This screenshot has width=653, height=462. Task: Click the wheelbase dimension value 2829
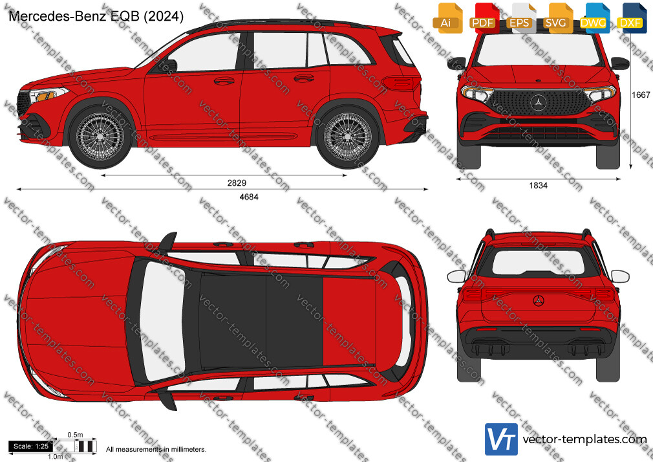(x=237, y=182)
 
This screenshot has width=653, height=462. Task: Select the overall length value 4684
(x=249, y=197)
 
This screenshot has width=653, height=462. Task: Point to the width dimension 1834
(x=538, y=186)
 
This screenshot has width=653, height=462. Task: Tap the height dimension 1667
(x=641, y=95)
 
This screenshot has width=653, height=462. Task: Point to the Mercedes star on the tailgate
(x=539, y=301)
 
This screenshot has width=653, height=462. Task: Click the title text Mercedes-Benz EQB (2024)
(x=96, y=16)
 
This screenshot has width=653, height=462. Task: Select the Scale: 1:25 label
(x=31, y=446)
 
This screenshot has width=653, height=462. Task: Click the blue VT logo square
(x=501, y=439)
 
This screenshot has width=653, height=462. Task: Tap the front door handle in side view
(x=224, y=80)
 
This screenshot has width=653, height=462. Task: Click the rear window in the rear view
(x=539, y=263)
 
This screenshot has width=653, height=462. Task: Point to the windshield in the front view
(x=538, y=50)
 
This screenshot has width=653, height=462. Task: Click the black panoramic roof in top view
(x=261, y=321)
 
